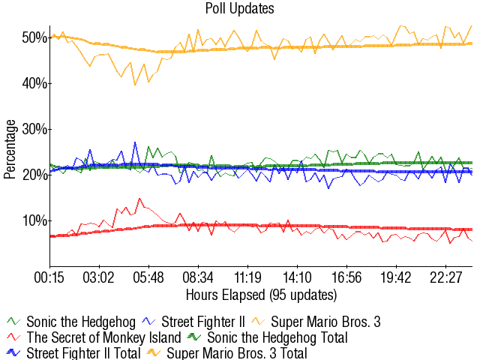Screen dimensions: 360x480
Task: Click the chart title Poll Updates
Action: point(240,8)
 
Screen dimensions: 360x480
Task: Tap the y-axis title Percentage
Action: point(10,149)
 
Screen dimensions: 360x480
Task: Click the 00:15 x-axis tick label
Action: point(50,277)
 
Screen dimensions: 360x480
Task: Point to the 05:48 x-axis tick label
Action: point(148,277)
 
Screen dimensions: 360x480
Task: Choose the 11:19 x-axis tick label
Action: point(247,277)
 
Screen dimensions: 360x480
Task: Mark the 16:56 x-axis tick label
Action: point(346,277)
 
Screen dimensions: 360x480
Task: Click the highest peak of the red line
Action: point(139,199)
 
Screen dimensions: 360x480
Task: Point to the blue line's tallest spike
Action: point(136,142)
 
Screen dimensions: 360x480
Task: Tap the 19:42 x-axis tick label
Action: point(396,277)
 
